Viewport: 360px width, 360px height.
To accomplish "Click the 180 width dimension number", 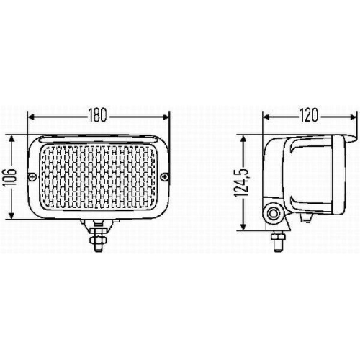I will click(x=98, y=114).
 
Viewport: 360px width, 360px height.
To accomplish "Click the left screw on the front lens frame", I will click(x=30, y=177).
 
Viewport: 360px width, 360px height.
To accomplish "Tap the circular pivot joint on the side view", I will click(x=274, y=213).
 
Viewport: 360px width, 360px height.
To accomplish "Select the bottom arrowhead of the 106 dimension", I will click(x=16, y=215).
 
